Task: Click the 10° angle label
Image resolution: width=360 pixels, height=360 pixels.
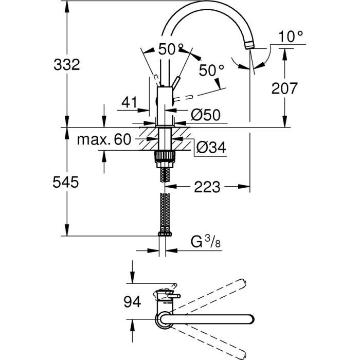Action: [x=292, y=37]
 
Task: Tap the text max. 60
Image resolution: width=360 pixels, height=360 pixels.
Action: [x=104, y=139]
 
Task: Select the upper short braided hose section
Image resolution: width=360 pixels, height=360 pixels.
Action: [x=164, y=174]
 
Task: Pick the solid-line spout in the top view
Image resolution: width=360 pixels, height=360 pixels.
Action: [x=216, y=320]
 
